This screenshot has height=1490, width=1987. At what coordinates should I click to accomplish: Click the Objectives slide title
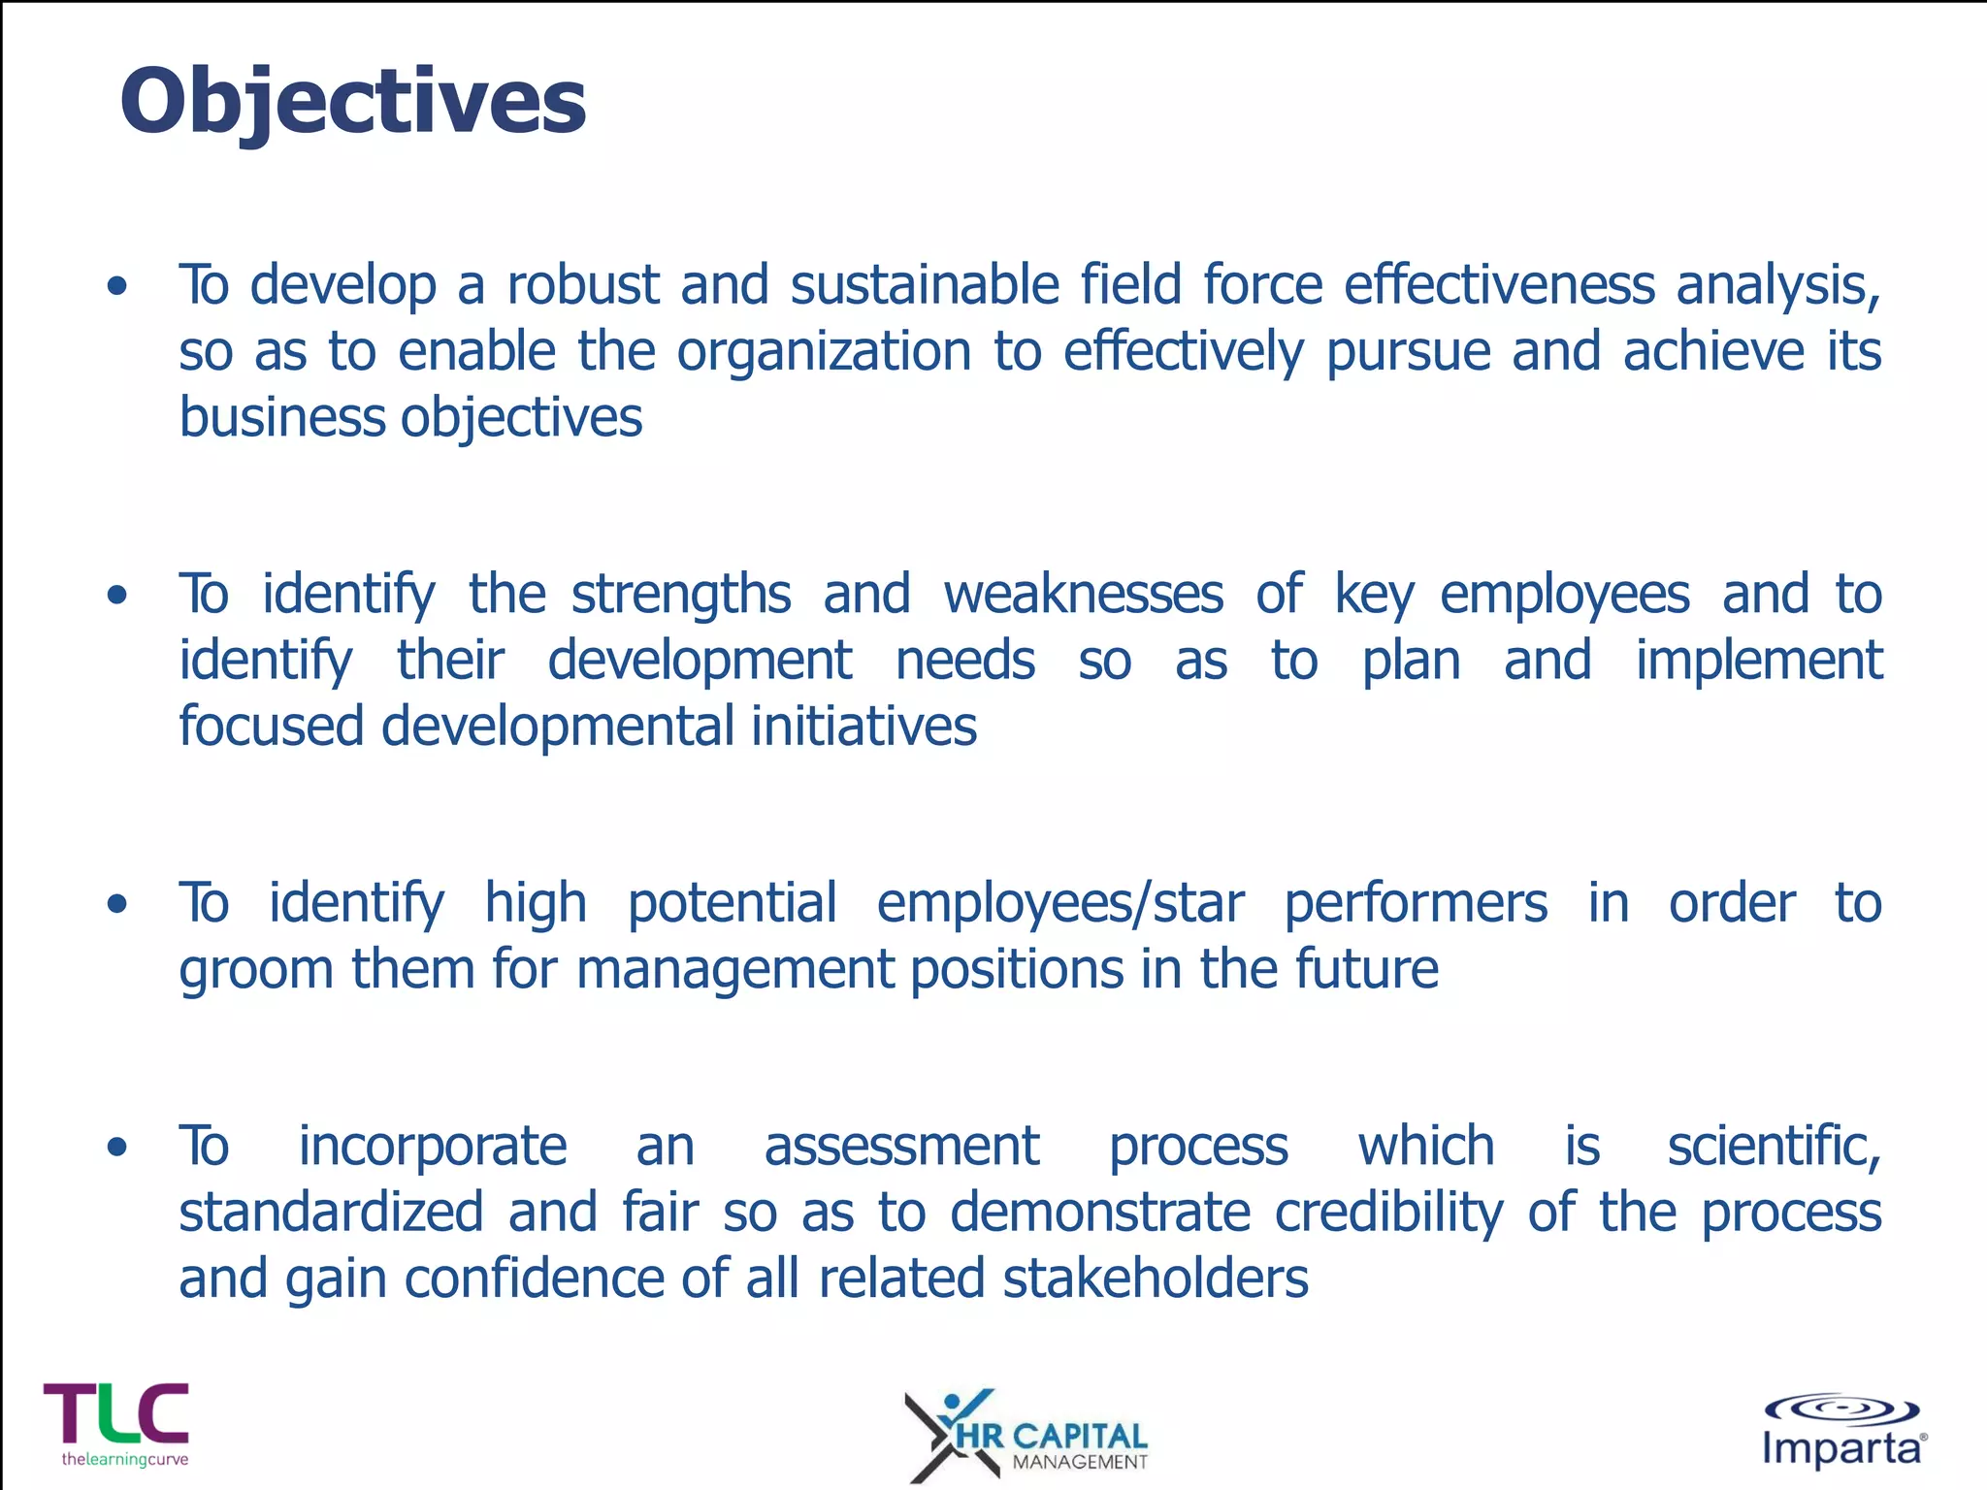(352, 102)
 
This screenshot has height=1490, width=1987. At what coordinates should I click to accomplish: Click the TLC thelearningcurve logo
(116, 1423)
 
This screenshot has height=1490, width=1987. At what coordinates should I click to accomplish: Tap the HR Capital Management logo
(1026, 1435)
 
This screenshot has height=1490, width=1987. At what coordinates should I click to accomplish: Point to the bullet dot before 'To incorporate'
(117, 1148)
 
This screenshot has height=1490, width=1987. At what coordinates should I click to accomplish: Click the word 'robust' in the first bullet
(582, 285)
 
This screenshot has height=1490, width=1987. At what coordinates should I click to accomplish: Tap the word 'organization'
(824, 351)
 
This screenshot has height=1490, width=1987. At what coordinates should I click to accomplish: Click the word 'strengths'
(680, 594)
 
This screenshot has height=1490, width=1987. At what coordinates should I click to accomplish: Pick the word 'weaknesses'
(1083, 594)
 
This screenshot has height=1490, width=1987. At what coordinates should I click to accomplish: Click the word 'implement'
(1758, 662)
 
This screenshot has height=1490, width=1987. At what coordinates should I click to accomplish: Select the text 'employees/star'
(1059, 903)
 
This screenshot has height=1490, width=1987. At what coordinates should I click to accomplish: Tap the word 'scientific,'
(1774, 1147)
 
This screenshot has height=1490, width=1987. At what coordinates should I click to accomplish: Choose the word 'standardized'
(331, 1213)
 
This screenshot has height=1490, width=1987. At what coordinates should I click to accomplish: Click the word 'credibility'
(1388, 1213)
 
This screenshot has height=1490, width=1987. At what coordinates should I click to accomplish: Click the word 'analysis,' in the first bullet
(1778, 285)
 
